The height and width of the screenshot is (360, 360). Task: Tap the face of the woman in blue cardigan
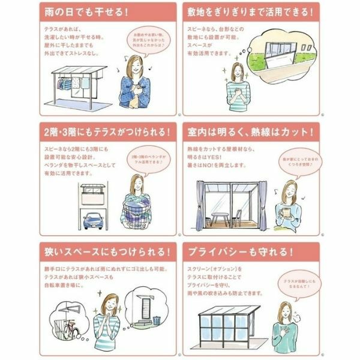point(136,63)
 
